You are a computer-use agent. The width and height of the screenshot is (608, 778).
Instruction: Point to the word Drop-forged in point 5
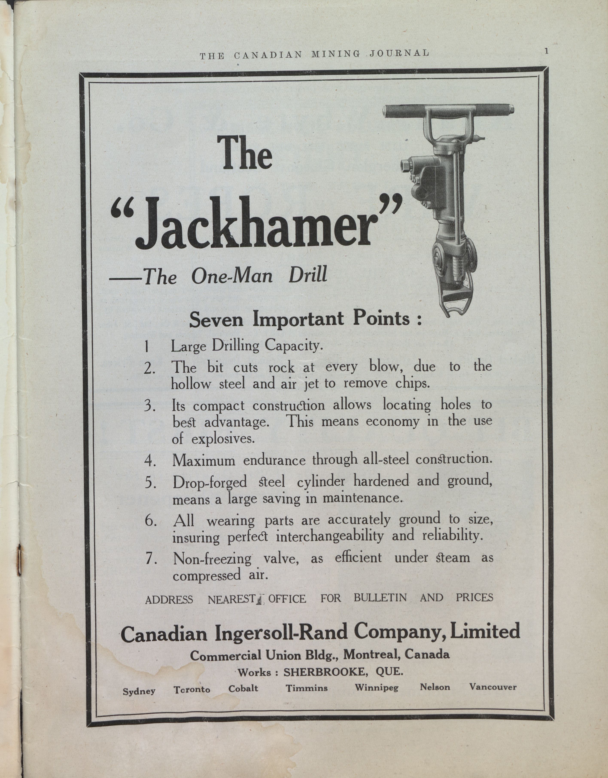(x=210, y=483)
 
